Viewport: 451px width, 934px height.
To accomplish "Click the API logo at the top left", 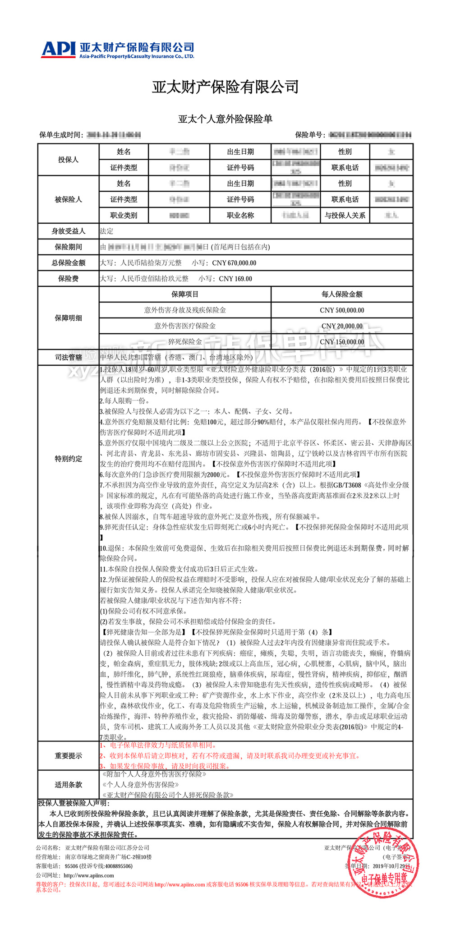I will (x=58, y=49).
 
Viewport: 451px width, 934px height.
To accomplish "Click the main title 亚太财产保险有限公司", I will (x=225, y=87).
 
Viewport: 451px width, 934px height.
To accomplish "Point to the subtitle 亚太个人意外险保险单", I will (x=225, y=119).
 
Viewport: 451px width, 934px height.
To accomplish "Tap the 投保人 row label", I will (x=68, y=160).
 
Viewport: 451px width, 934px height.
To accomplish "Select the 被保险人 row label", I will (x=68, y=199).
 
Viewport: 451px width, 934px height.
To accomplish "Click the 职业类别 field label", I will (x=124, y=215).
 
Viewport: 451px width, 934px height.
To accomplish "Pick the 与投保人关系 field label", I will (x=345, y=215).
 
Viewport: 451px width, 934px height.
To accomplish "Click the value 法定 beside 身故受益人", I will (x=107, y=231).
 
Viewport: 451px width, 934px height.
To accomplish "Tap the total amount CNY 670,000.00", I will (x=234, y=263).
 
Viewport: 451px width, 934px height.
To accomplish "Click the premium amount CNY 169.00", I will (x=235, y=279).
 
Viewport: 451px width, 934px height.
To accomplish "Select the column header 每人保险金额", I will (x=342, y=294).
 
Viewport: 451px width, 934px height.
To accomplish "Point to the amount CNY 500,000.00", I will (x=342, y=310).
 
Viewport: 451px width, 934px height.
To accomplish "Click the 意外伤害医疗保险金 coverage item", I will (x=185, y=326).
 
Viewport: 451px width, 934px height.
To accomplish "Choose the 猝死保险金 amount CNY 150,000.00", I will (x=342, y=342).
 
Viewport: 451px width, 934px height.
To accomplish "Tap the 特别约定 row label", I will (x=68, y=459).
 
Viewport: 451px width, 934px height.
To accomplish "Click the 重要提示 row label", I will (x=68, y=755).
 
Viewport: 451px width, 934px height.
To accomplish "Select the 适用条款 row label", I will (x=68, y=784).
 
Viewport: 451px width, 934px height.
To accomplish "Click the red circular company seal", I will (x=383, y=864).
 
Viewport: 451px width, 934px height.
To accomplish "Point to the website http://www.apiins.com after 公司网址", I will (x=89, y=875).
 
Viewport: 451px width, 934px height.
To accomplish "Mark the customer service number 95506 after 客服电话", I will (x=72, y=866).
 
